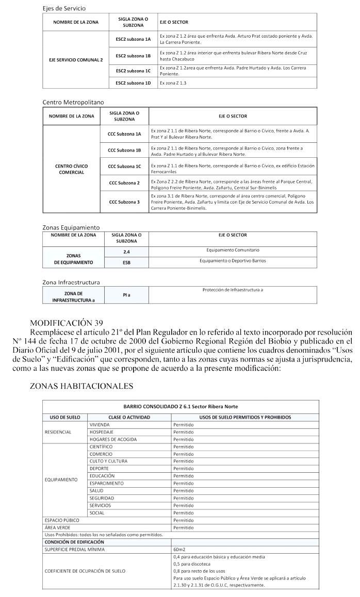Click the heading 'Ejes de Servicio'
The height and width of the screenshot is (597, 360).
[64, 9]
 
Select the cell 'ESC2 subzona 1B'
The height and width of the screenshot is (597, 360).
[133, 56]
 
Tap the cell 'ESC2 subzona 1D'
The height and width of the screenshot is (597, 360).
[133, 82]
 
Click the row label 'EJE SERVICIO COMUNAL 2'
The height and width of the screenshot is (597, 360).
[76, 60]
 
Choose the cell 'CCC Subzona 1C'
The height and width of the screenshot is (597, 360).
[124, 167]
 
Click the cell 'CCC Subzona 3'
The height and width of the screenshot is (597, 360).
[124, 202]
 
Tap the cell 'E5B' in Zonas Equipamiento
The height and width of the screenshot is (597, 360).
[126, 262]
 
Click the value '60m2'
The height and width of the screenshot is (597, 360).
[179, 549]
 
